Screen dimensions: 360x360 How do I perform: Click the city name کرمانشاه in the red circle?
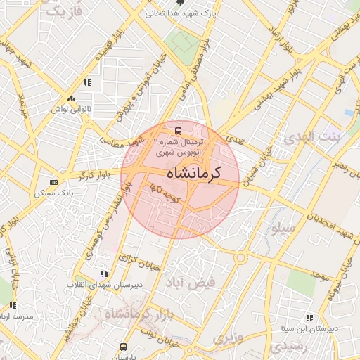194,173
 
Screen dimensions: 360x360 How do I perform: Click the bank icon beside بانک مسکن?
54,181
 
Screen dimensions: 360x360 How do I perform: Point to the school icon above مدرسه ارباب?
12,305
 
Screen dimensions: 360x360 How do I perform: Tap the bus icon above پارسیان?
124,346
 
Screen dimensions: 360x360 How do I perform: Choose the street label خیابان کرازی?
136,259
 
